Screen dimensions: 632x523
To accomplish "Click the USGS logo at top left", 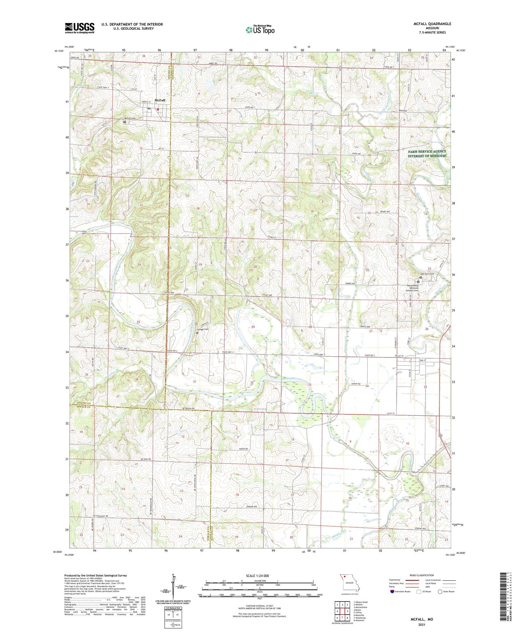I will pos(80,28).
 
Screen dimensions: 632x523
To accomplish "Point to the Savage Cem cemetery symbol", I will pos(197,333).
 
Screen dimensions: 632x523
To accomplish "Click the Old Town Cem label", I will pos(427,274).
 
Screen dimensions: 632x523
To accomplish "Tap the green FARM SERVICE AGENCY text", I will pos(427,152).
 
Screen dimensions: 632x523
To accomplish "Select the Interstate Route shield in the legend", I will pos(392,591).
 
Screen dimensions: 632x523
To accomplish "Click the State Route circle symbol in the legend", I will pos(440,591).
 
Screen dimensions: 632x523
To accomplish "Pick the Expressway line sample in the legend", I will pos(412,580).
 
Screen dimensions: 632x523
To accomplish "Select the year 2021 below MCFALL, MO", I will pos(422,624).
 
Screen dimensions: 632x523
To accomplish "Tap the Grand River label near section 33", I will pos(291,379).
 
